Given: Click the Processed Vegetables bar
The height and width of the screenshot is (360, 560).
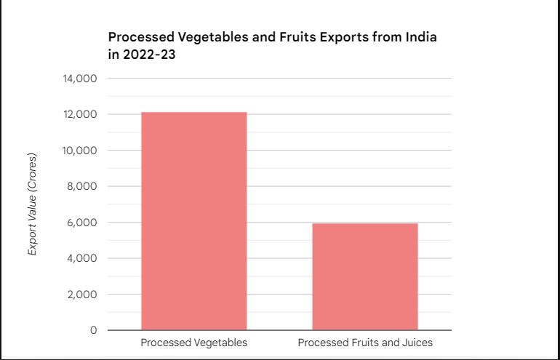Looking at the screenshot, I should (x=193, y=221).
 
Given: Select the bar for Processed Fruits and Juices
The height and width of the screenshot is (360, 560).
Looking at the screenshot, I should (x=364, y=276).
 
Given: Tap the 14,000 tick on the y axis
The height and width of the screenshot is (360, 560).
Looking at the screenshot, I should (x=81, y=79).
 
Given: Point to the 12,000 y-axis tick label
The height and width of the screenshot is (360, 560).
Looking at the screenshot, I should (x=81, y=115).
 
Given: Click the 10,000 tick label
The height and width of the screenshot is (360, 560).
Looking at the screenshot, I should (x=81, y=151).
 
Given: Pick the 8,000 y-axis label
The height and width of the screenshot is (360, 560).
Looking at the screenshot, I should (x=84, y=187).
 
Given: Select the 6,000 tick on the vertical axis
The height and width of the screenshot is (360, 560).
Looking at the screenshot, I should (x=84, y=223).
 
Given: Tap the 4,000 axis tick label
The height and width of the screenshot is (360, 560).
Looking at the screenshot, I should (x=84, y=258).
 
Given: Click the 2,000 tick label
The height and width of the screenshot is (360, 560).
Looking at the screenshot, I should (x=84, y=295).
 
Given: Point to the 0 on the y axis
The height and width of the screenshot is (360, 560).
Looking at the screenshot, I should (x=93, y=330).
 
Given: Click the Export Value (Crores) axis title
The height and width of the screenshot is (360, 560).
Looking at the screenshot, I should (x=32, y=204).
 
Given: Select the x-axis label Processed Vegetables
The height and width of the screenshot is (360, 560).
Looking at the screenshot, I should (x=193, y=343).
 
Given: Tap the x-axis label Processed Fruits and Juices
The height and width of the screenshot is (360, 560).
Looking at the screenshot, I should (x=365, y=343).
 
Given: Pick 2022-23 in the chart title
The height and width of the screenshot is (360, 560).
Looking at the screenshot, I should (x=150, y=53).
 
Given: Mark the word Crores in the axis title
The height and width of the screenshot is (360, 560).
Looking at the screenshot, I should (x=32, y=172).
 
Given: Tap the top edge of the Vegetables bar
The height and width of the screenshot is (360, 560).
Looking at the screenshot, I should (x=193, y=113).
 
